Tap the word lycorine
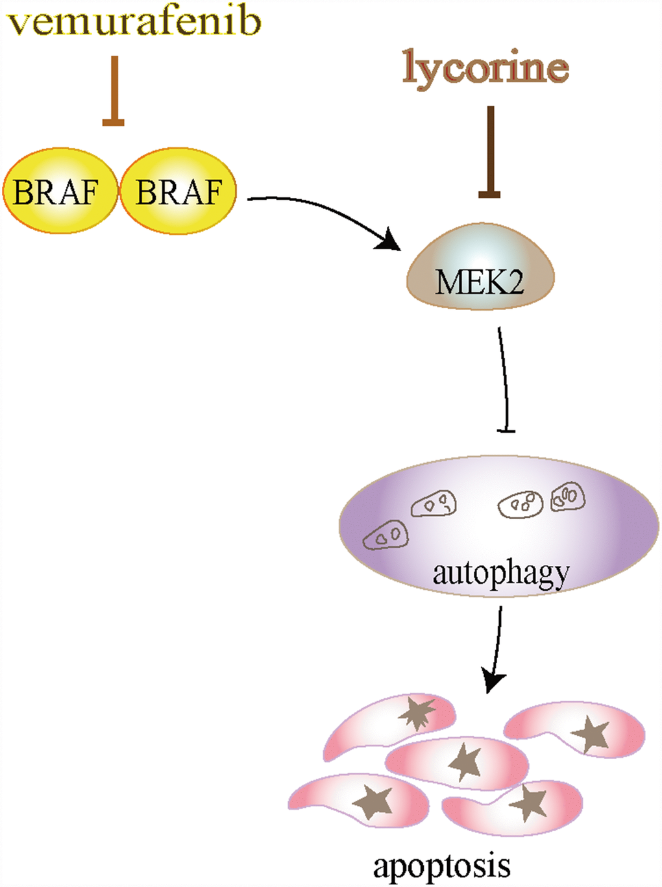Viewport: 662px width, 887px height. (x=485, y=67)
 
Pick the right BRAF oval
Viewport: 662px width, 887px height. (x=178, y=191)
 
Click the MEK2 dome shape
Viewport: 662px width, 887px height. (x=480, y=269)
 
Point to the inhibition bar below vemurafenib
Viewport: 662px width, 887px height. (x=114, y=91)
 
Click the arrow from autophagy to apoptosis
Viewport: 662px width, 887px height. (x=497, y=649)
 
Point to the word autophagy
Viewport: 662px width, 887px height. (x=500, y=574)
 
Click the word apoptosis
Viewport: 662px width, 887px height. (x=441, y=866)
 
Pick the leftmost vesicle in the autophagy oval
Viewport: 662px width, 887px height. (x=386, y=535)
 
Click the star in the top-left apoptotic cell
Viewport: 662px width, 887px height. (x=417, y=712)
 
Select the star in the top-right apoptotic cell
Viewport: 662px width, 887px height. (x=591, y=734)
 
